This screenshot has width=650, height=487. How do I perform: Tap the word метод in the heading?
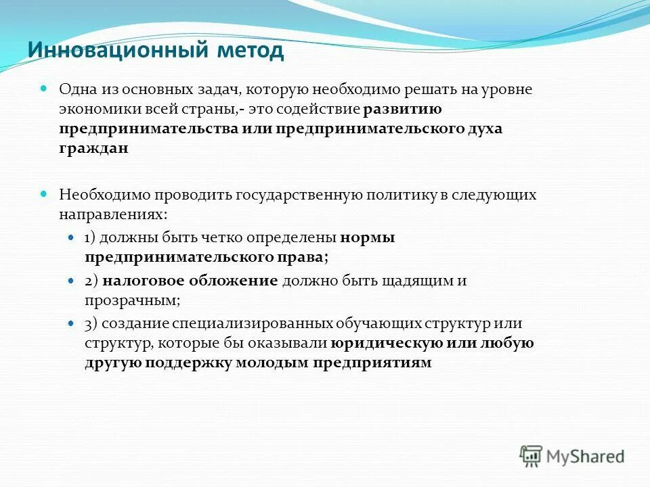pos(251,50)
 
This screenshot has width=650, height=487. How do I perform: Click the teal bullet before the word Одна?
pos(44,89)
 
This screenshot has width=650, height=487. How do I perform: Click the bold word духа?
pos(478,129)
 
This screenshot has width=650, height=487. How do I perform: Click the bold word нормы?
pos(368,238)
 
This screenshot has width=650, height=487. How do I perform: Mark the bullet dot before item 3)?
pos(72,324)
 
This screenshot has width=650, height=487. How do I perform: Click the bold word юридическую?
pos(387,343)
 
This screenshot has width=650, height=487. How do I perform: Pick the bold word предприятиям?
pos(372,363)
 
